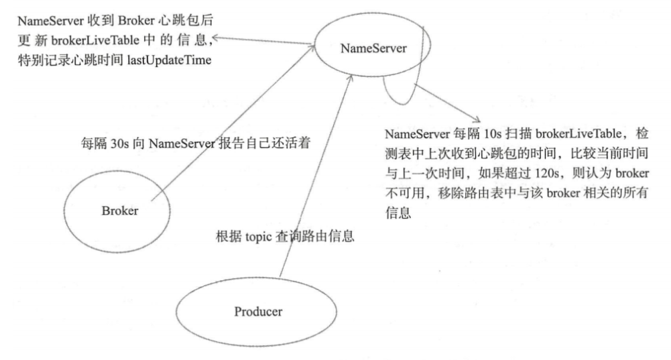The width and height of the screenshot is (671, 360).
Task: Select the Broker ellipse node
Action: [120, 211]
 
